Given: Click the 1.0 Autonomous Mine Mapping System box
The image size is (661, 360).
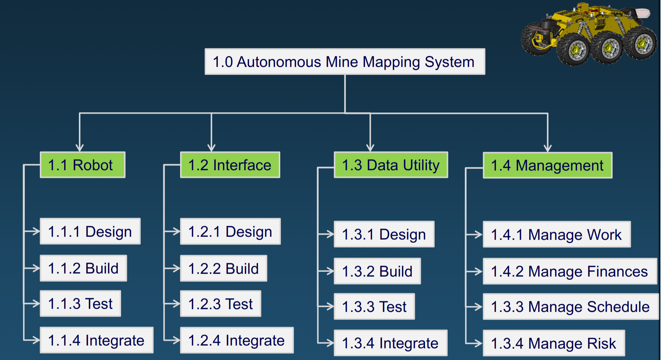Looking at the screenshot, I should [x=345, y=62].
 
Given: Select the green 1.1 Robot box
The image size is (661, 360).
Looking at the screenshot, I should [x=82, y=165].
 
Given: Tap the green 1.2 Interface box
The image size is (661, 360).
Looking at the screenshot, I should [x=230, y=165].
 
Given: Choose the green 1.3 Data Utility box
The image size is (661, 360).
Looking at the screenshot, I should [x=391, y=165].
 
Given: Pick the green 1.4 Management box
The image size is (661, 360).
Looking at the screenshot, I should [x=547, y=165].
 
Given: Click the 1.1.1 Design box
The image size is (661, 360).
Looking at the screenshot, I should [x=90, y=231].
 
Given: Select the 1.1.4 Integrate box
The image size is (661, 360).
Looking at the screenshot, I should [x=96, y=340].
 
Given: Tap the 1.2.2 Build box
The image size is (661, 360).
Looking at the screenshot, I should [x=223, y=268].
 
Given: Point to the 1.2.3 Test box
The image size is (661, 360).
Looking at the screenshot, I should [x=220, y=304].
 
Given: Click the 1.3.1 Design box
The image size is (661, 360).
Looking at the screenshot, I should [x=384, y=234].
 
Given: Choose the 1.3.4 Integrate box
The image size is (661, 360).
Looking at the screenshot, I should [x=390, y=343].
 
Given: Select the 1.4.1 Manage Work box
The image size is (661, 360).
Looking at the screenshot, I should [x=556, y=235].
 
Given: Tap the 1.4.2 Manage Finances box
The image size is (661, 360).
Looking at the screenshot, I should [x=569, y=271].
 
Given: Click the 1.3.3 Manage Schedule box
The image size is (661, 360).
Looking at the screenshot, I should [x=570, y=307].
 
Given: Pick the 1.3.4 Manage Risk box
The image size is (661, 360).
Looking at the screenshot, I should [x=554, y=343].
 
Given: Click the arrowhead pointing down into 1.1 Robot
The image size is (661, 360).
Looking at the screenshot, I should [x=80, y=148].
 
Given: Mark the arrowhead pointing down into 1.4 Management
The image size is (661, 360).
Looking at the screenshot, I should [x=547, y=148].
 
